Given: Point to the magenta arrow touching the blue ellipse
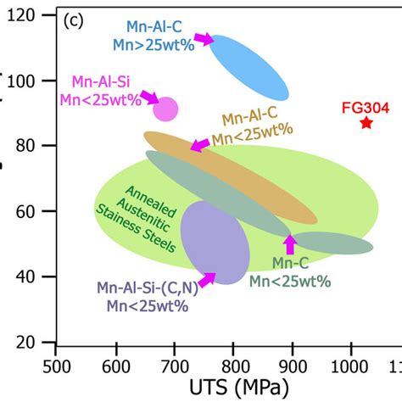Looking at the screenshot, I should [204, 37].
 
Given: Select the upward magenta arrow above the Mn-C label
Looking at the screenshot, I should [290, 244].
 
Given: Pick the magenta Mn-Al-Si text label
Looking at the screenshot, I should [100, 82].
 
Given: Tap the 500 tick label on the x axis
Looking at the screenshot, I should [56, 366].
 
